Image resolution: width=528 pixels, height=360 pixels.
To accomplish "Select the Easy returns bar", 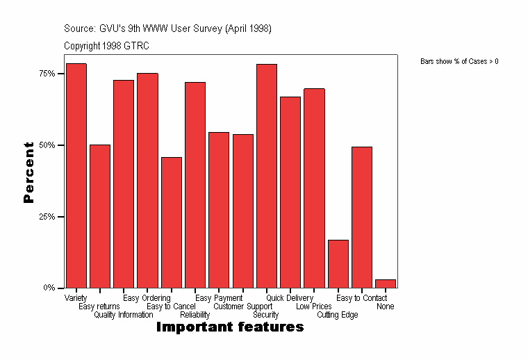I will [x=100, y=216].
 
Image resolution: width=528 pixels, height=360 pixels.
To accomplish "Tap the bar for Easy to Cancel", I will [x=172, y=222].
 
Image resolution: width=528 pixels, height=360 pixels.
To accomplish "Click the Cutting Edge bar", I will [x=338, y=263].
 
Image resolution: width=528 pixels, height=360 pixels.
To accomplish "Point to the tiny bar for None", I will [x=386, y=284].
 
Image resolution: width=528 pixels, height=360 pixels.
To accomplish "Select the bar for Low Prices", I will [x=314, y=188].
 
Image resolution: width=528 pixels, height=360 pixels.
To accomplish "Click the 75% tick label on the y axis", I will [x=47, y=74].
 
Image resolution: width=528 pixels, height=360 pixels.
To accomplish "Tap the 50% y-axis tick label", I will [x=47, y=145].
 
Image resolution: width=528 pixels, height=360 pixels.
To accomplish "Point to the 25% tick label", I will [x=47, y=216].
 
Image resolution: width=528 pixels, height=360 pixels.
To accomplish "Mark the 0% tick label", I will [x=49, y=288].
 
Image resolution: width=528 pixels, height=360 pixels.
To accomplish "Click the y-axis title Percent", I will [x=28, y=172].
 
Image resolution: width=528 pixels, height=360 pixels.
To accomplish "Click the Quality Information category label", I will [x=124, y=315].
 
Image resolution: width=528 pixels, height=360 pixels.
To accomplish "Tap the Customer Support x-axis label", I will [x=243, y=306].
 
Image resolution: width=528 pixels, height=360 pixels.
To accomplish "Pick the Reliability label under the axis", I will [x=195, y=315].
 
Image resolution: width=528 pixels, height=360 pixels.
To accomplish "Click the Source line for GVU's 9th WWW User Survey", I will [x=167, y=28].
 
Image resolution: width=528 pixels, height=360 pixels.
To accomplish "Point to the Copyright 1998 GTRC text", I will [x=106, y=46].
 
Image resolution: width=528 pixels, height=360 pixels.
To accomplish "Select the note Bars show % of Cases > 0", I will [x=459, y=62].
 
